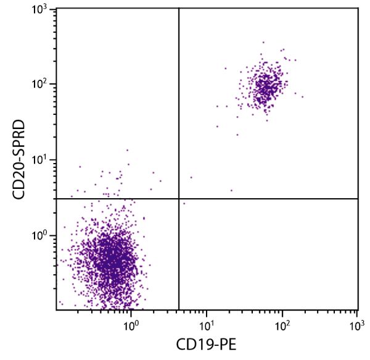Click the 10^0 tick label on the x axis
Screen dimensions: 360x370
coord(131,323)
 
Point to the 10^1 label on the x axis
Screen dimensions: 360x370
coord(207,323)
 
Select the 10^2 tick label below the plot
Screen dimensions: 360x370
coord(282,323)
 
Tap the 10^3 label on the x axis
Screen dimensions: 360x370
coord(357,323)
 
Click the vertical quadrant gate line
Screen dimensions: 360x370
coord(179,111)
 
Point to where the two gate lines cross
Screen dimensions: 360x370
coord(179,199)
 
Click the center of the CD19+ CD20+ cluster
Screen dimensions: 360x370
coord(266,85)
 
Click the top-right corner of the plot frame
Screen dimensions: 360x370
coord(358,8)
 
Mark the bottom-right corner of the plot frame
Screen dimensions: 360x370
coord(358,309)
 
